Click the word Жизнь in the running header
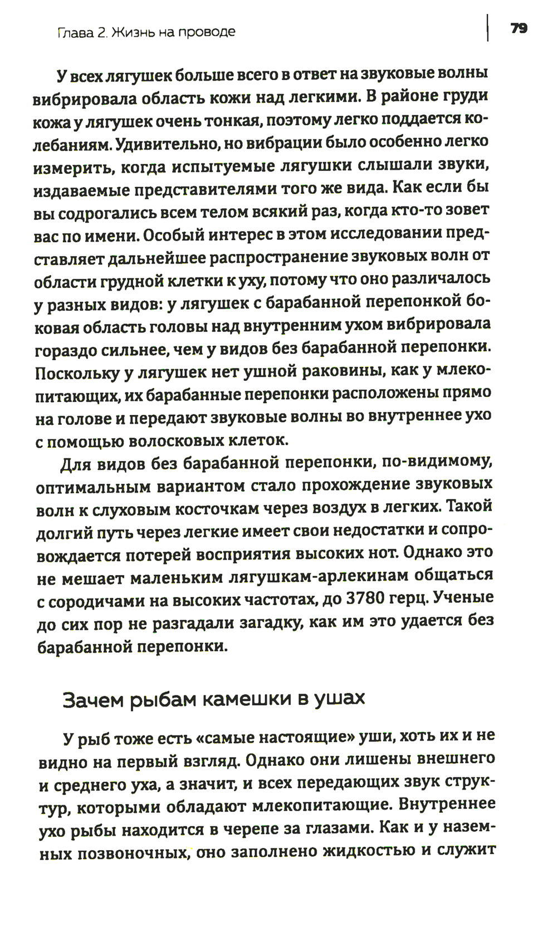point(134,32)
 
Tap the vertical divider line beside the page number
point(488,28)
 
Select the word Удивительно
point(159,143)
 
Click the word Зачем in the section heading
point(92,699)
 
